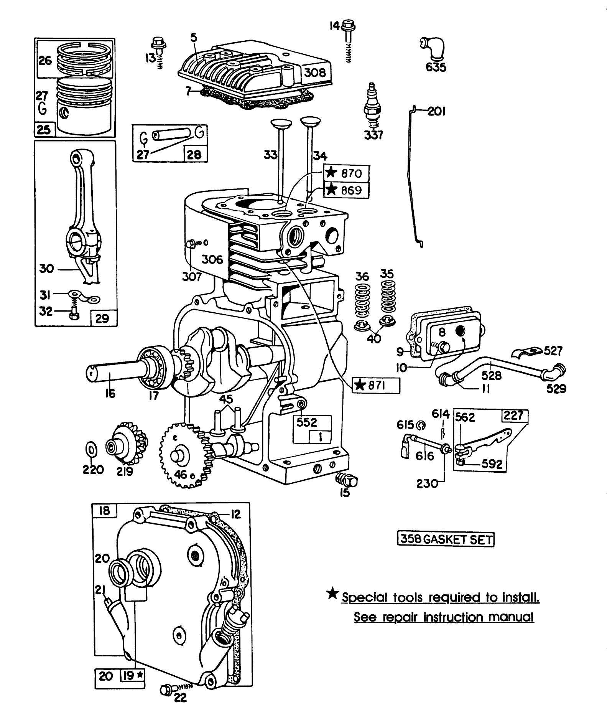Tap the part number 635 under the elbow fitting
pos(436,67)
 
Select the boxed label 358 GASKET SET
pos(446,539)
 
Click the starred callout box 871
pos(376,385)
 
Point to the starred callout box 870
pos(347,173)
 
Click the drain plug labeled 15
pos(347,480)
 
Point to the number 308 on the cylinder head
pos(314,73)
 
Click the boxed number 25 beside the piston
pos(44,130)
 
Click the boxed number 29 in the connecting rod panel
pos(102,318)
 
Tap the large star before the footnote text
pos(332,594)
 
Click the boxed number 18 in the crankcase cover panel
pos(104,511)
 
